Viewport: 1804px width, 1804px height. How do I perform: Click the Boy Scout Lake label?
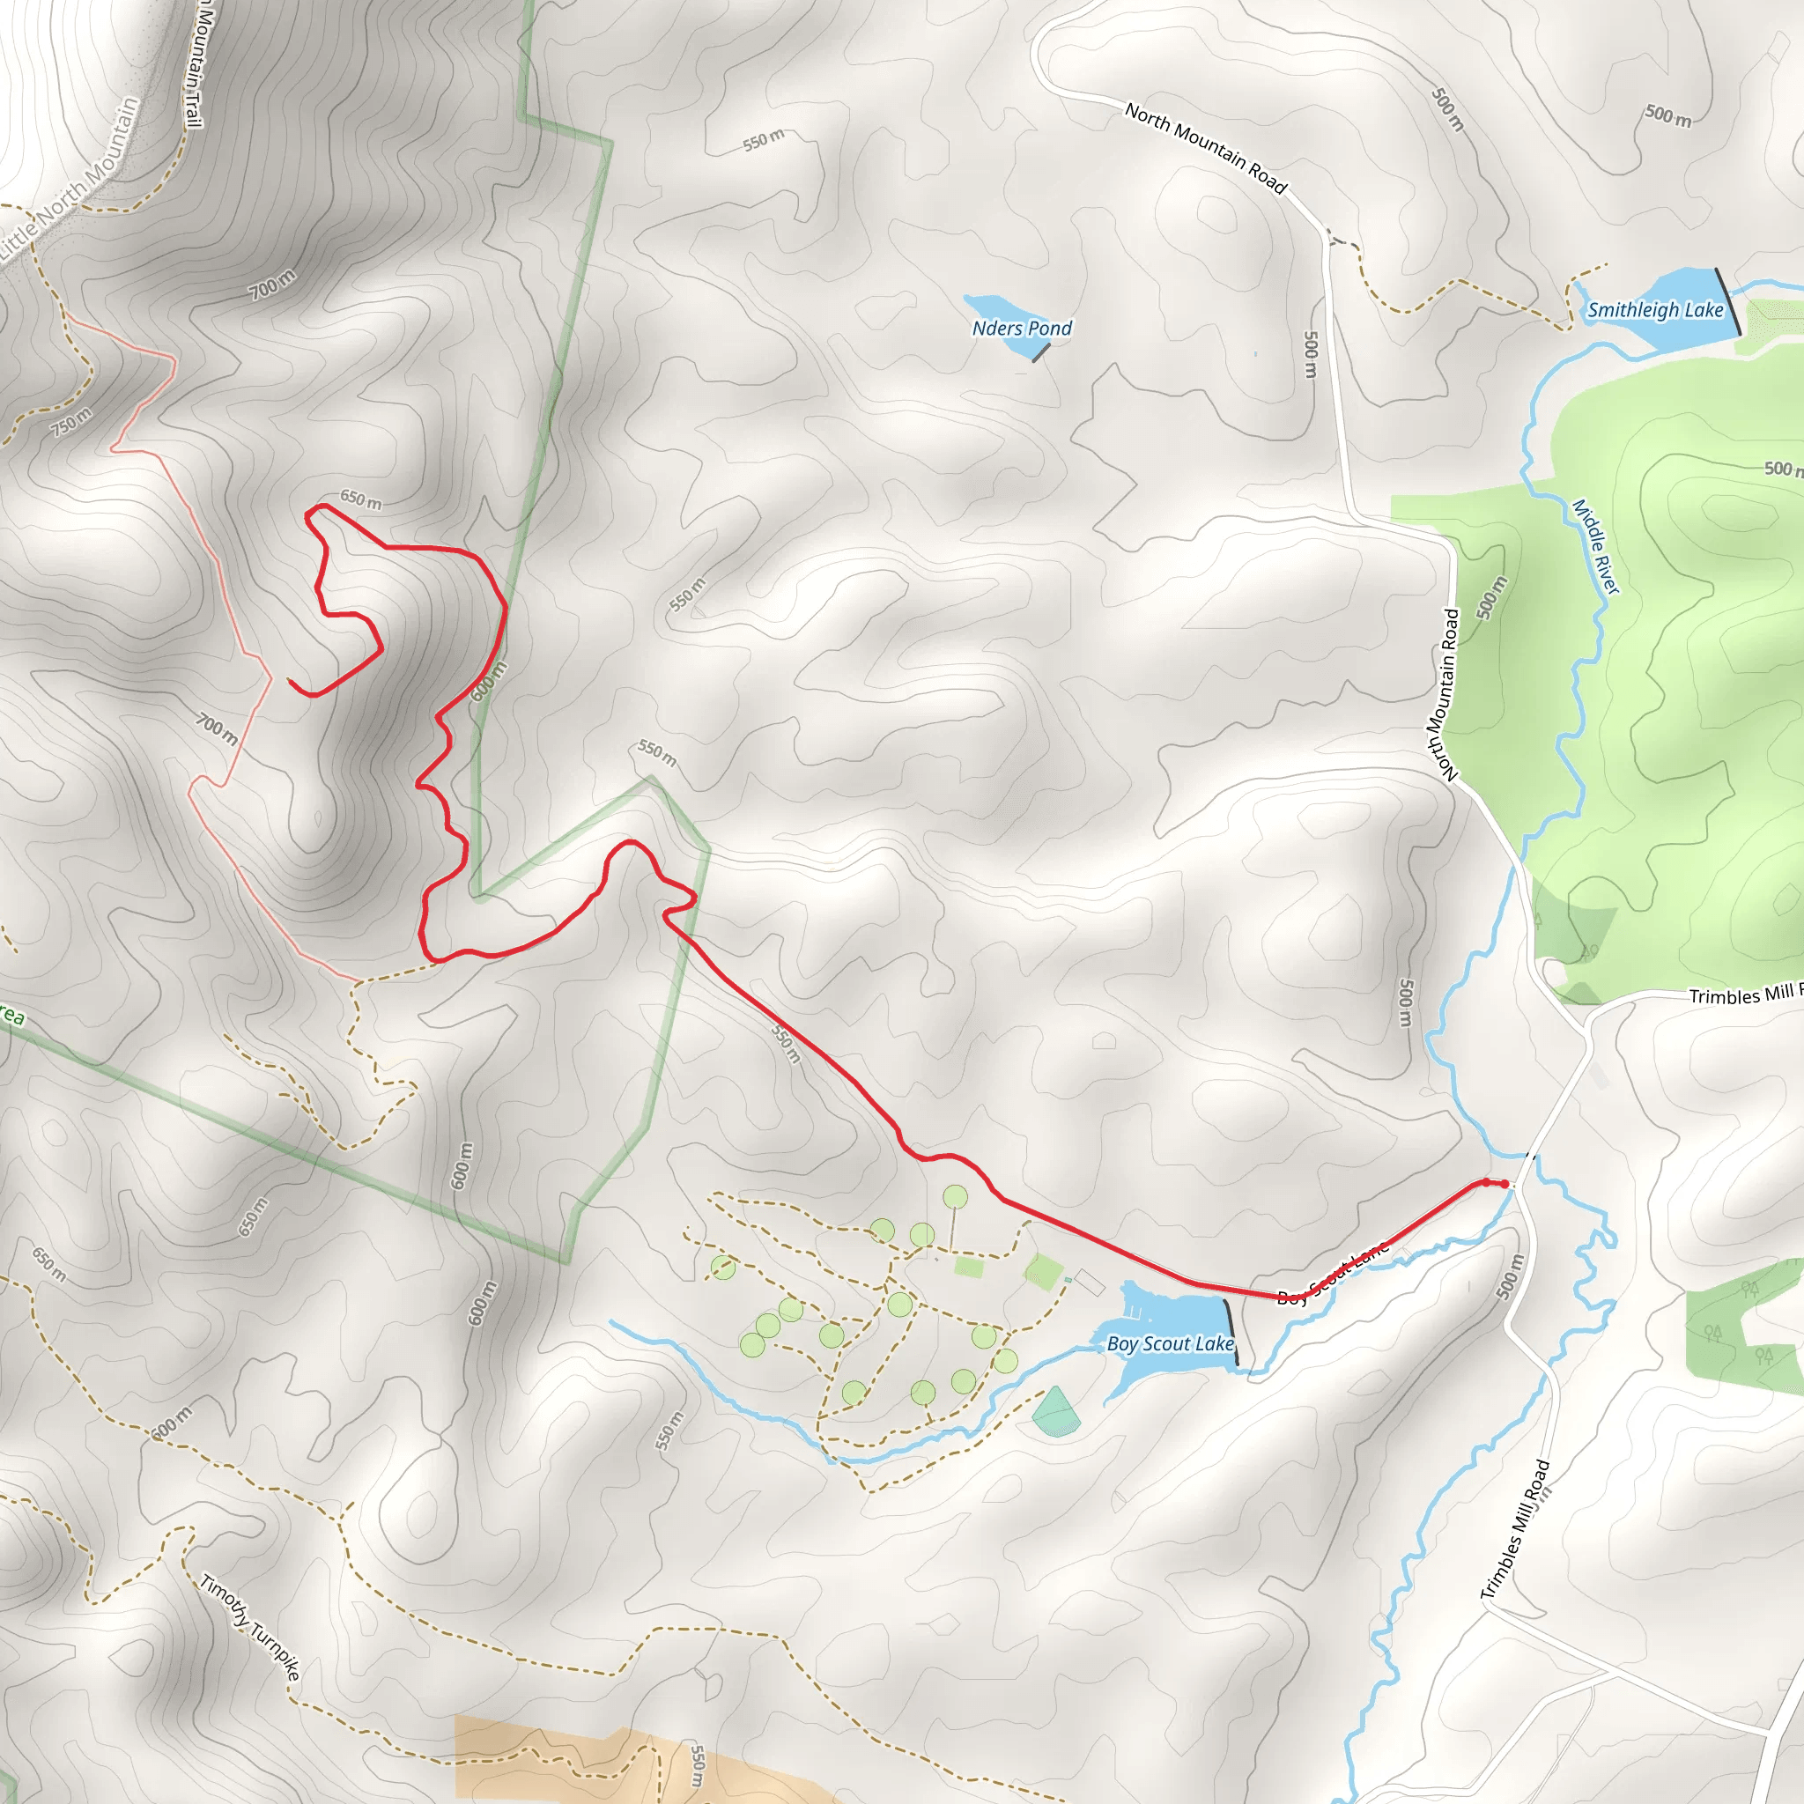click(1170, 1343)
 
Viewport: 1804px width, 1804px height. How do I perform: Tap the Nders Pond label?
click(1022, 328)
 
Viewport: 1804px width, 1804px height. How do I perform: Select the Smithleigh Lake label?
click(1654, 310)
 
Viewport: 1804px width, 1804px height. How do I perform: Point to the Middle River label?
click(1596, 546)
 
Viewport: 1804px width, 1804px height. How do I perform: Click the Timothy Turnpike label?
click(250, 1629)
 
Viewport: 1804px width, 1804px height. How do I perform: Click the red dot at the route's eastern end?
click(1505, 1184)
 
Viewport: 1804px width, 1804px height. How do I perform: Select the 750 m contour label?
click(71, 422)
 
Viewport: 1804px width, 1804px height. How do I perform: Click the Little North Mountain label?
click(70, 182)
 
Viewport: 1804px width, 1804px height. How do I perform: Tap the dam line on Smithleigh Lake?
click(1727, 301)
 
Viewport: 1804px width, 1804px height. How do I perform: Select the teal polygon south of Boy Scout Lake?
click(1057, 1411)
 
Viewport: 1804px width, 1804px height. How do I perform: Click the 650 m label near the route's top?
click(360, 499)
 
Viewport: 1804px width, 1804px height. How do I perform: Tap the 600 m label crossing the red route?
click(488, 681)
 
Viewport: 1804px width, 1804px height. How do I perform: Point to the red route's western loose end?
click(291, 683)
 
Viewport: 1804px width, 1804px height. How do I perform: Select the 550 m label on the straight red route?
click(787, 1043)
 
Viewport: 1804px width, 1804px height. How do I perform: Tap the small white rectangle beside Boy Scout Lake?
click(1090, 1283)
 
